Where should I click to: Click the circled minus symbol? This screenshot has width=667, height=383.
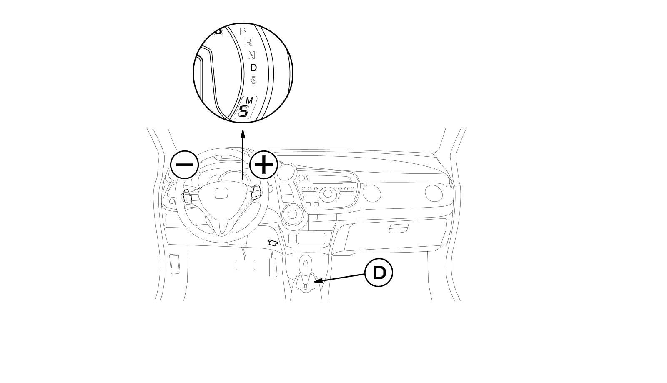click(x=184, y=165)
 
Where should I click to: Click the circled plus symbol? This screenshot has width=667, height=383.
click(x=263, y=165)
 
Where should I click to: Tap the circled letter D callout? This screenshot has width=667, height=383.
click(x=379, y=273)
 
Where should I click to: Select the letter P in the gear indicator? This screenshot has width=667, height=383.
click(x=243, y=31)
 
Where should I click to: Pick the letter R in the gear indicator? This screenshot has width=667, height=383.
click(x=248, y=43)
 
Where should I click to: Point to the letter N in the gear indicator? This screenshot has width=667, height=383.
click(x=252, y=55)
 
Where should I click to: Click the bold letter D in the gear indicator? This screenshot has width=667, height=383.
click(x=253, y=67)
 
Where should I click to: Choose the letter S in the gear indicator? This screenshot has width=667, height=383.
click(x=253, y=80)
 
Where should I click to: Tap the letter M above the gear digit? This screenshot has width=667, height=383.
click(x=249, y=101)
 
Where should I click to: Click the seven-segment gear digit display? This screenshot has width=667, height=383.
click(x=243, y=111)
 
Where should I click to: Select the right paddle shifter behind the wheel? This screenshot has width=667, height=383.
click(x=255, y=193)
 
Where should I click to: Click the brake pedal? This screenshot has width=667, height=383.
click(x=245, y=265)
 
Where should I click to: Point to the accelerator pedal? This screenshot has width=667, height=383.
click(x=273, y=267)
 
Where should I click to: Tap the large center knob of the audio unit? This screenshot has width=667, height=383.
click(x=328, y=193)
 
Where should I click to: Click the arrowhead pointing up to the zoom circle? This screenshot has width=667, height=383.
click(x=243, y=133)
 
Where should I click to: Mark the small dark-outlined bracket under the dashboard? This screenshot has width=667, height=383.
click(x=273, y=242)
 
